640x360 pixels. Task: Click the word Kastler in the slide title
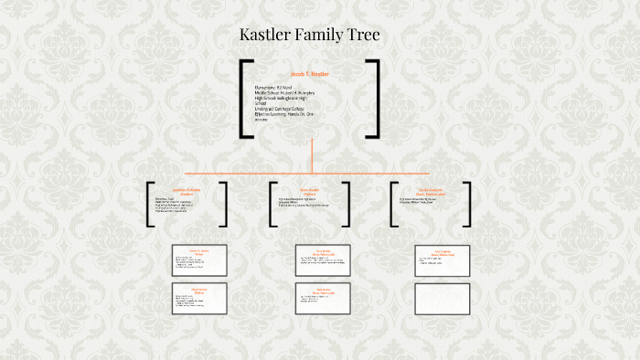click(x=268, y=36)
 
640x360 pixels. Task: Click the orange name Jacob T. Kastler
click(x=309, y=73)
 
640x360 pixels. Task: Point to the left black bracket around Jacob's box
click(x=244, y=99)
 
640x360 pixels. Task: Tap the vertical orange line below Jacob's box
click(x=312, y=154)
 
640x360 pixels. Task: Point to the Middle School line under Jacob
click(x=284, y=93)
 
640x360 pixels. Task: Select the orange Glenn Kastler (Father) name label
click(x=312, y=191)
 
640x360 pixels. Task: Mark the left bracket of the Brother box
click(x=149, y=205)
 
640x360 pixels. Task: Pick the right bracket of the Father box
click(x=350, y=205)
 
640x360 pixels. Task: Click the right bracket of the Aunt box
click(x=468, y=205)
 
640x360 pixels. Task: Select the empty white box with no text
click(x=442, y=298)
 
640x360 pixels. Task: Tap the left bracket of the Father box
click(x=272, y=205)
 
